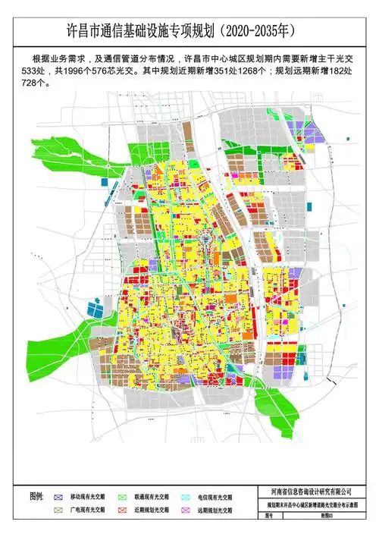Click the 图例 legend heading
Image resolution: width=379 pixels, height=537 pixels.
point(37,496)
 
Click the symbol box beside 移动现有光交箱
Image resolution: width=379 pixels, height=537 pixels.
point(58,496)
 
